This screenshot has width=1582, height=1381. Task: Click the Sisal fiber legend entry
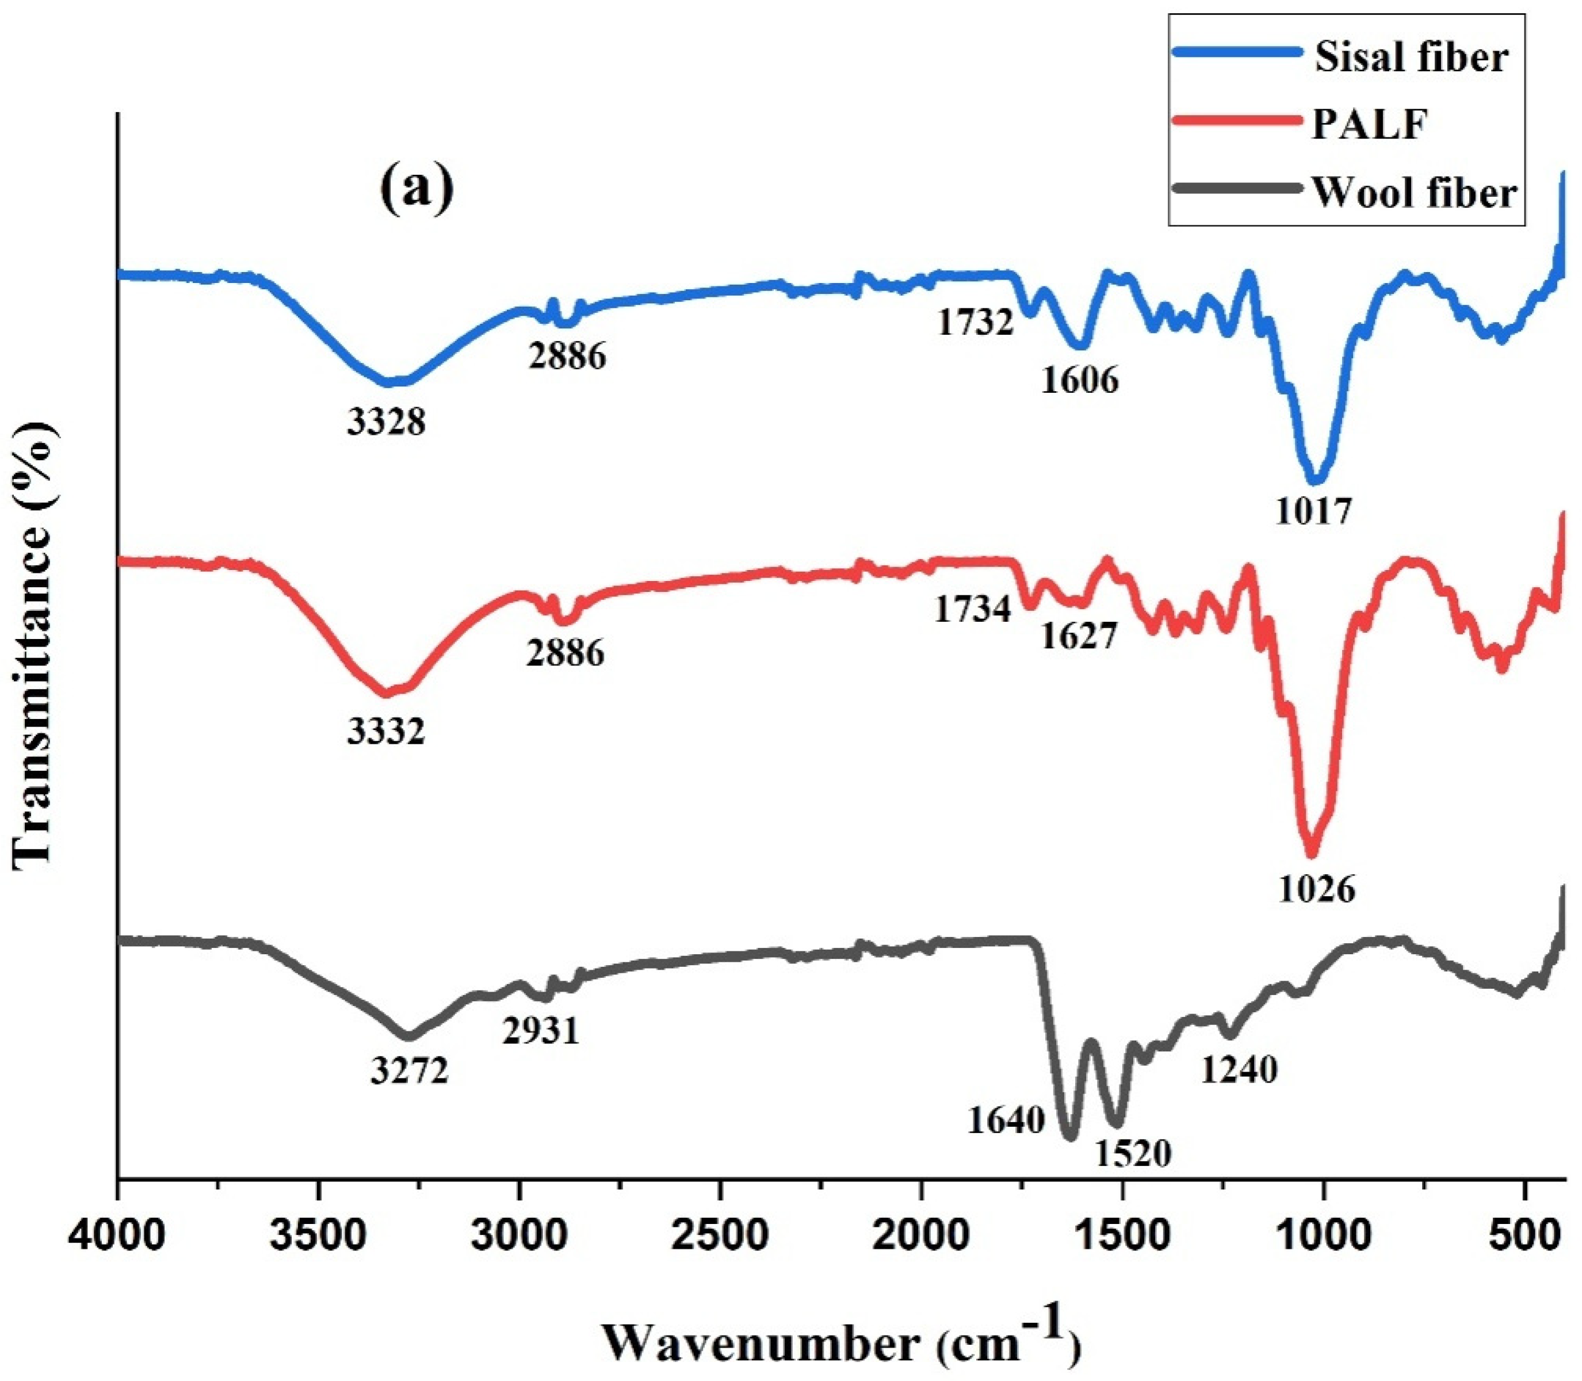click(x=1409, y=57)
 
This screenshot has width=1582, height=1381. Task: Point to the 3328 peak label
click(x=386, y=422)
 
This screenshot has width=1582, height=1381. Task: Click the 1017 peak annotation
click(x=1313, y=510)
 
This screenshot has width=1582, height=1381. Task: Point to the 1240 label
click(x=1239, y=1070)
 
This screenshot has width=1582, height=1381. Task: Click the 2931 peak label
click(x=540, y=1030)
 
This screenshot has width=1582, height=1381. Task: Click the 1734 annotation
click(x=972, y=610)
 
